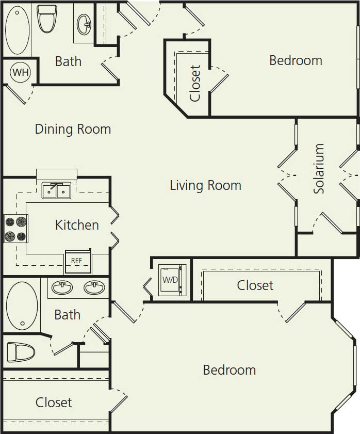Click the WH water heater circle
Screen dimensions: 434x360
[x=21, y=72]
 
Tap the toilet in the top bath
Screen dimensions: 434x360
[x=47, y=18]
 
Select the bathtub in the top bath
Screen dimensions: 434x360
[x=17, y=30]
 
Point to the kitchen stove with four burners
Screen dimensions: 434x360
[x=15, y=229]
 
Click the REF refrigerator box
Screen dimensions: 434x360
[x=77, y=261]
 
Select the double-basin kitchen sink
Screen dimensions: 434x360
[x=56, y=190]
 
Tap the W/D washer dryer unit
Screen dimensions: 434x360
[x=170, y=280]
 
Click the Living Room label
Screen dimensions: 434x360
[x=205, y=185]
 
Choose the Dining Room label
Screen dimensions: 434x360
[x=73, y=128]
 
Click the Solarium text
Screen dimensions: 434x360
[x=319, y=169]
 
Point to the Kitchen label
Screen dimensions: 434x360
[x=77, y=225]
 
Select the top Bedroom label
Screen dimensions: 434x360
[x=296, y=60]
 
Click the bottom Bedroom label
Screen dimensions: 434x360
[x=229, y=370]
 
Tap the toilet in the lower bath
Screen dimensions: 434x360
[x=21, y=352]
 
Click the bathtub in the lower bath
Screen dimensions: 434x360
[x=22, y=305]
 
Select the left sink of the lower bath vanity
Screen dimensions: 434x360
[x=62, y=287]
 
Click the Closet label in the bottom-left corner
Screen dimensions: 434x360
[x=54, y=403]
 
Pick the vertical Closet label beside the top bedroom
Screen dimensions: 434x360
[x=195, y=83]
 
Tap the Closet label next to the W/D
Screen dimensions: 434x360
[x=255, y=285]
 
